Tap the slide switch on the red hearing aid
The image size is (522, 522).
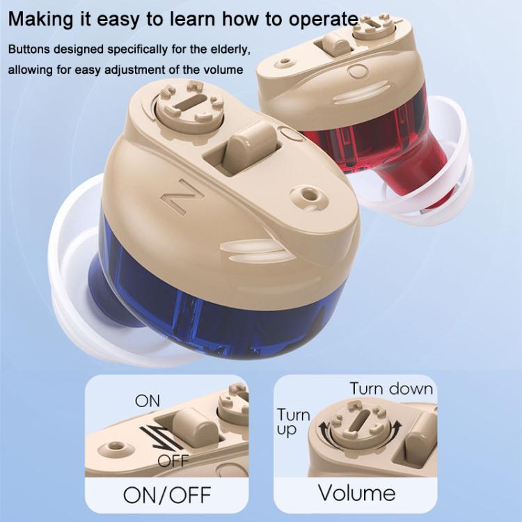point(333,47)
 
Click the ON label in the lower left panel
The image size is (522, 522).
point(147,401)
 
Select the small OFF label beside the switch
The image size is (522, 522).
point(173,461)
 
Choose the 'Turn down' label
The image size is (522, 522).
point(391,388)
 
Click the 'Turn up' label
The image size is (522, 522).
point(294,422)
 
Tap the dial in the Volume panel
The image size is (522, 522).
point(359,429)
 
